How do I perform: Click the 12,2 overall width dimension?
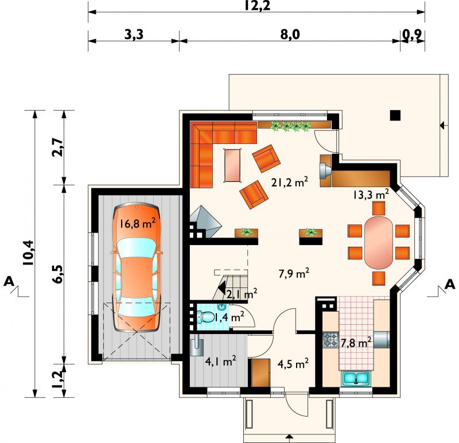[x=257, y=6]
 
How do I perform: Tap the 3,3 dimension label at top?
[x=134, y=34]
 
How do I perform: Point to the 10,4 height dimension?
[x=29, y=252]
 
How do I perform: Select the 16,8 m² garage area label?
[x=137, y=223]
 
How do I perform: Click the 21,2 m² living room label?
[x=289, y=182]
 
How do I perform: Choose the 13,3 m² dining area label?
[x=371, y=194]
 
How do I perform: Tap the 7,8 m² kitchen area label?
[x=356, y=341]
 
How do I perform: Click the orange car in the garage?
[x=137, y=267]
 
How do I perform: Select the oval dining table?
[x=378, y=242]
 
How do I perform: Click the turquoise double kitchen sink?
[x=356, y=378]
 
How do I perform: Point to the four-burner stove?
[x=330, y=340]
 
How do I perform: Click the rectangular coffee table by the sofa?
[x=233, y=165]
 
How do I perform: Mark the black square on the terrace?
[x=395, y=115]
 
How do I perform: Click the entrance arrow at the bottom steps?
[x=289, y=437]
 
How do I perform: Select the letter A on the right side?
[x=450, y=284]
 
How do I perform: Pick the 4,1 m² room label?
[x=220, y=362]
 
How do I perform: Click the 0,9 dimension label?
[x=412, y=35]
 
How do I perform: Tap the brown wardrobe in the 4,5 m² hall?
[x=261, y=373]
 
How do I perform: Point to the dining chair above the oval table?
[x=379, y=208]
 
